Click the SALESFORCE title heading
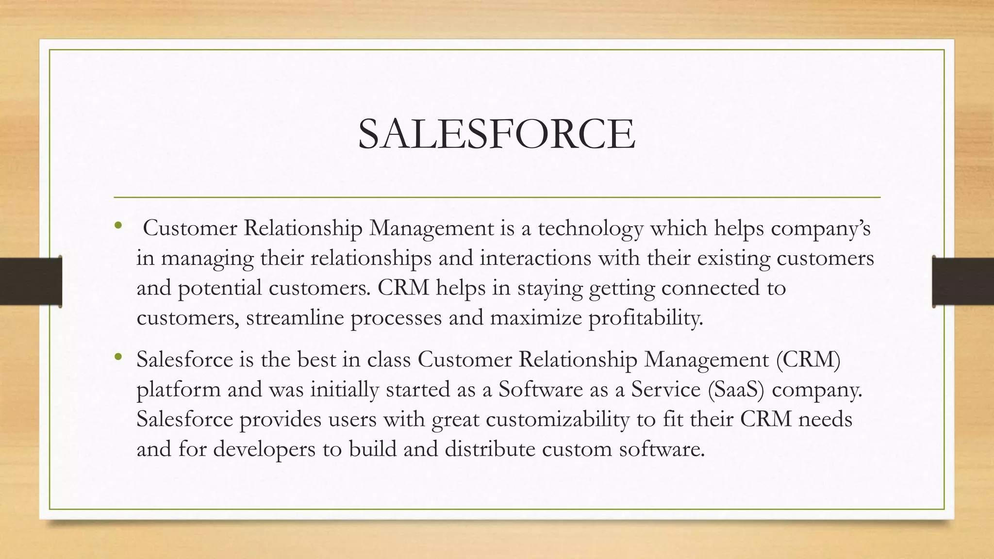496,134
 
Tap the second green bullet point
117,358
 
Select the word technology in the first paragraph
590,228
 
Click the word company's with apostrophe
821,228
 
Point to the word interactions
535,258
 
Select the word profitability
646,318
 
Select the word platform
179,390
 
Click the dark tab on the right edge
963,281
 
